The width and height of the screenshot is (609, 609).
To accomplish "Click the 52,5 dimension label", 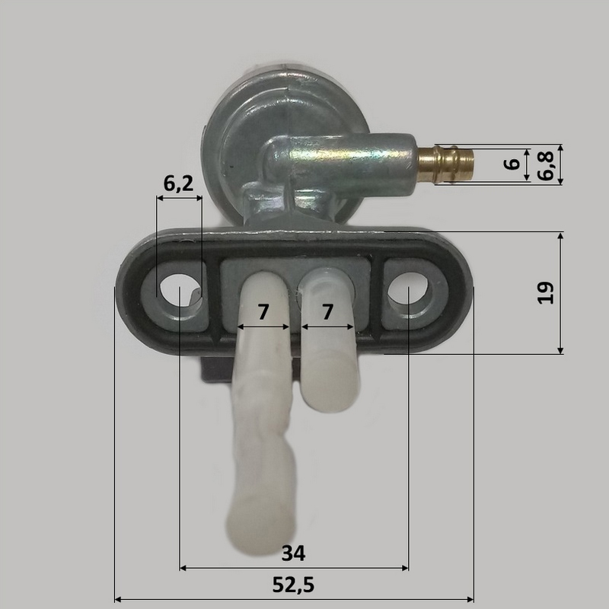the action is pyautogui.click(x=293, y=585).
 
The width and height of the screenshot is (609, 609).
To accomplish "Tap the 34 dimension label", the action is pyautogui.click(x=294, y=553).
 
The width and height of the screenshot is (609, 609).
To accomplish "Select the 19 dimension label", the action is pyautogui.click(x=546, y=292).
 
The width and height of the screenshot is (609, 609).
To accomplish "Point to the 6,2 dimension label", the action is pyautogui.click(x=178, y=183).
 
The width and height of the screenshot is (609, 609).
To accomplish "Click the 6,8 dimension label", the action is pyautogui.click(x=546, y=166).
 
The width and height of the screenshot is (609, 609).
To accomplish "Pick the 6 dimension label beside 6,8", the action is pyautogui.click(x=512, y=164).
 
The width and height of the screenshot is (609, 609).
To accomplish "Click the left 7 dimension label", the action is pyautogui.click(x=263, y=312).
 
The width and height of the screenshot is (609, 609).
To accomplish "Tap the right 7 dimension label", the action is pyautogui.click(x=328, y=312).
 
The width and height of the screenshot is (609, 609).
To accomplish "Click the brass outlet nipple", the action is pyautogui.click(x=445, y=164).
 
